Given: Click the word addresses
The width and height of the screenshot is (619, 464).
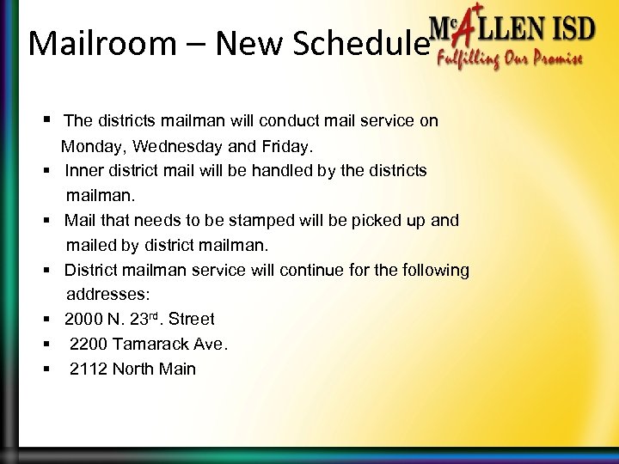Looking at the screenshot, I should coord(102,295).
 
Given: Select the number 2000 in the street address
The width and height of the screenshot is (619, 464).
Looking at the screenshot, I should coord(84,320).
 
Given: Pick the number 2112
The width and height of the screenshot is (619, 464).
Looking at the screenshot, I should coord(89,369).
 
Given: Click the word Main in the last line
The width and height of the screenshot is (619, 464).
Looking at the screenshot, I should coord(177,369).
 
